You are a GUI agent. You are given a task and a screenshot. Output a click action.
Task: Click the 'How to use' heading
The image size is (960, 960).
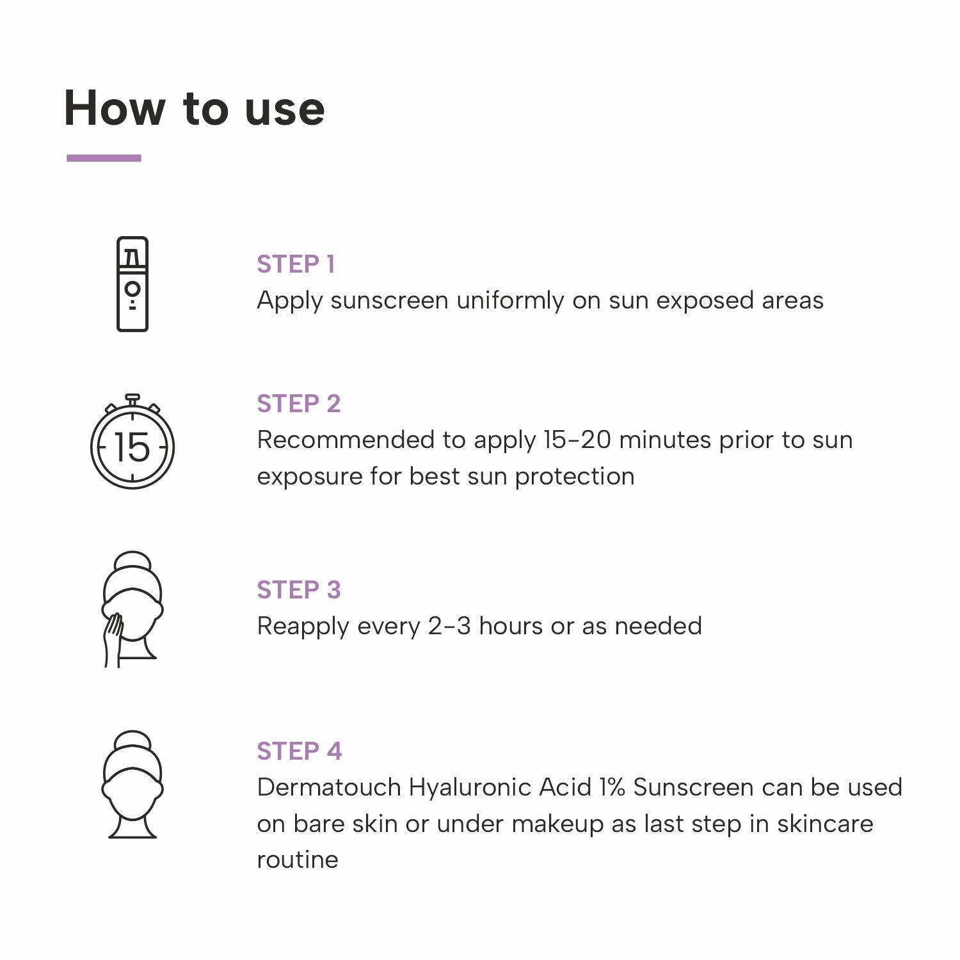tap(195, 108)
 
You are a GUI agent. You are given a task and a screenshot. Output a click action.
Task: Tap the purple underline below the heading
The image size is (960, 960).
tap(104, 157)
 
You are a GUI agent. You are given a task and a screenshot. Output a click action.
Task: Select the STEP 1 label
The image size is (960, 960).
tap(296, 264)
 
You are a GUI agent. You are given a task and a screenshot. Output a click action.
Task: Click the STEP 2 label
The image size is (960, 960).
tap(299, 403)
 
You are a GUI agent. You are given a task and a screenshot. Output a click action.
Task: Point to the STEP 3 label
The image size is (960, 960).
tap(299, 589)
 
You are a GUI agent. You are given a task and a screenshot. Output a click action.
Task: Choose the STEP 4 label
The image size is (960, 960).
tap(300, 751)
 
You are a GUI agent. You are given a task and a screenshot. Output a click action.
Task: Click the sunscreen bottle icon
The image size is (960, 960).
tap(132, 284)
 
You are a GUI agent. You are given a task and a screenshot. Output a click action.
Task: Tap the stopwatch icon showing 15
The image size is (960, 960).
tap(132, 442)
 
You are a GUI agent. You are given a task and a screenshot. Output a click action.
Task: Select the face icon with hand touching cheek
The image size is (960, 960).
tap(132, 609)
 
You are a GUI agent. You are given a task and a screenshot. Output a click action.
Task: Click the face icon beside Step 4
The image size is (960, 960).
tap(132, 785)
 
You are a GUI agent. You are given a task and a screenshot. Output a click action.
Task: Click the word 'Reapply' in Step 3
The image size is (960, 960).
tap(303, 627)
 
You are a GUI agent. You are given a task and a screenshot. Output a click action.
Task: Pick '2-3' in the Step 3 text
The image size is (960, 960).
tap(449, 626)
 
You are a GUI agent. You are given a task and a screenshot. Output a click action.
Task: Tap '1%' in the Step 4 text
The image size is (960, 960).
tap(612, 787)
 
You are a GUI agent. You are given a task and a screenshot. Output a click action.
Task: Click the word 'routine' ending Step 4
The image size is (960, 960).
tap(298, 860)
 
